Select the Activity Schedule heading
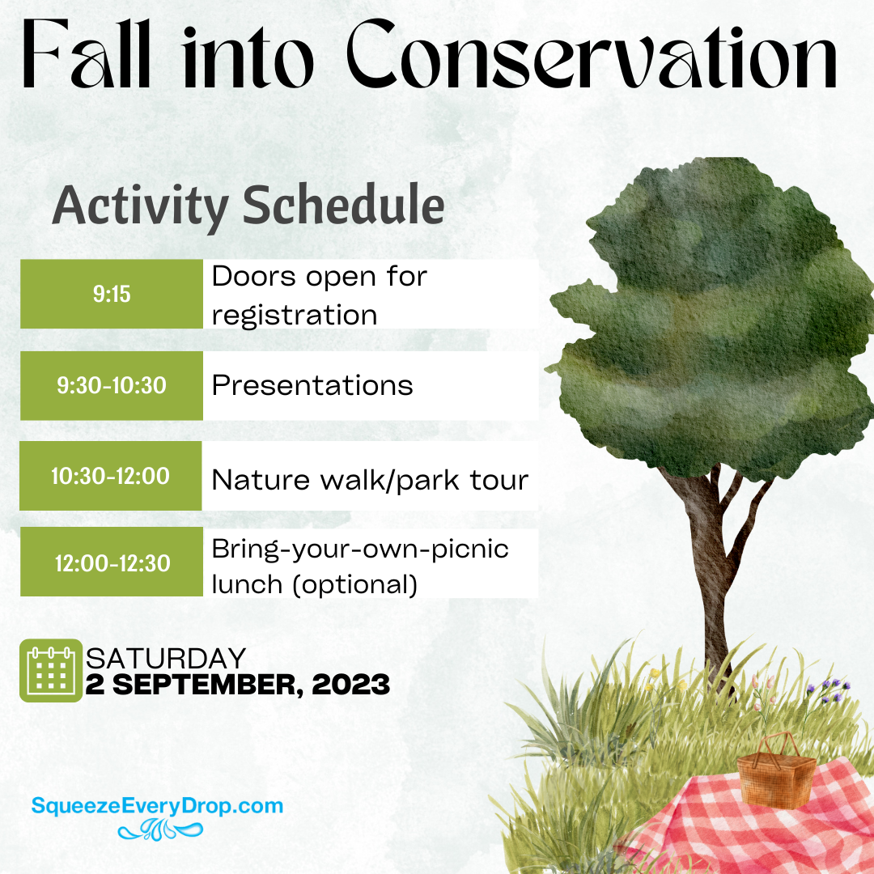click(x=248, y=206)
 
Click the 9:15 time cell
click(x=111, y=294)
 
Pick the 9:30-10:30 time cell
click(x=111, y=385)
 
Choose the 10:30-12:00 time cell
click(x=110, y=476)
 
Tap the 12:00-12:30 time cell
click(x=112, y=562)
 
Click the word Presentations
click(x=312, y=386)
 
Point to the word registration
click(x=295, y=315)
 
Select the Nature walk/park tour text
click(x=370, y=481)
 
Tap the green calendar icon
click(x=51, y=671)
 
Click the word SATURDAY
click(x=166, y=658)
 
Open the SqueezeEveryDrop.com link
click(x=157, y=805)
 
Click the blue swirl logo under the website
click(x=158, y=829)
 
